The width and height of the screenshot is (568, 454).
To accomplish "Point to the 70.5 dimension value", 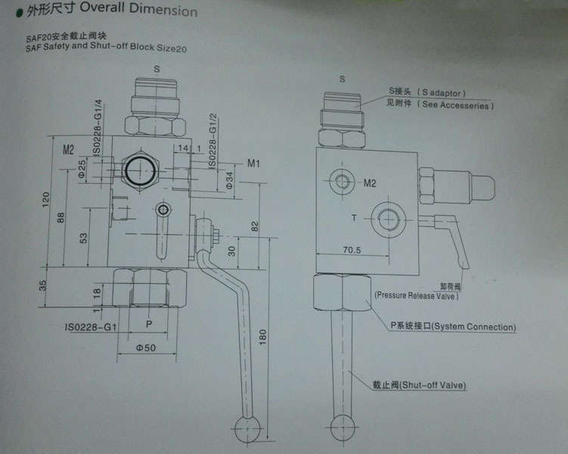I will click(x=353, y=249).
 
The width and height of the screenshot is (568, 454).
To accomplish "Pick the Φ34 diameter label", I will click(x=229, y=179).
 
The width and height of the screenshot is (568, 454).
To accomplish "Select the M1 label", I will click(x=255, y=163).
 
